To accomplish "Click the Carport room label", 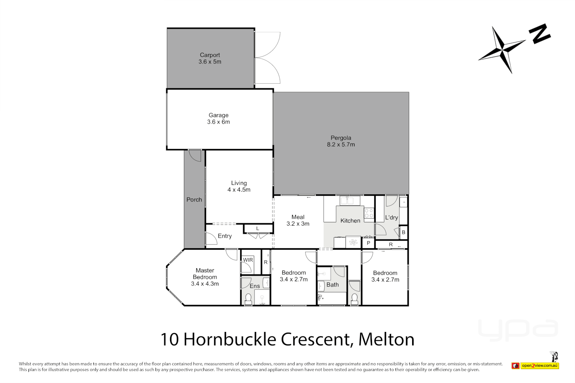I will (210, 58).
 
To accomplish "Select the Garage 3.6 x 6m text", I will (218, 118).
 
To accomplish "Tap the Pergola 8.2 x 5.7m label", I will (341, 141).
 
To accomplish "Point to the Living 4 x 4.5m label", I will (239, 186).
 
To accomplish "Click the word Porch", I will (194, 200).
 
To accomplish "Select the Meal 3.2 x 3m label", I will (298, 220).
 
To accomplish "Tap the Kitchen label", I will (350, 221).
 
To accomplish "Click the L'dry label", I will (391, 217).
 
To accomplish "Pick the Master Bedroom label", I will (205, 277).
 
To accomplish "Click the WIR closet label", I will (248, 260).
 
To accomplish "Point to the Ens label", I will (254, 286).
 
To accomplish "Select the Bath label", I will (332, 285).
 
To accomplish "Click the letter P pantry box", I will (368, 243).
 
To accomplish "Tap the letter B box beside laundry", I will (403, 233).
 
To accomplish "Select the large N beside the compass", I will (540, 34).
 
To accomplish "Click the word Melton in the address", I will (386, 339).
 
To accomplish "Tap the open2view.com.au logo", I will (539, 366).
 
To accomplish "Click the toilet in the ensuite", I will (248, 299).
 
